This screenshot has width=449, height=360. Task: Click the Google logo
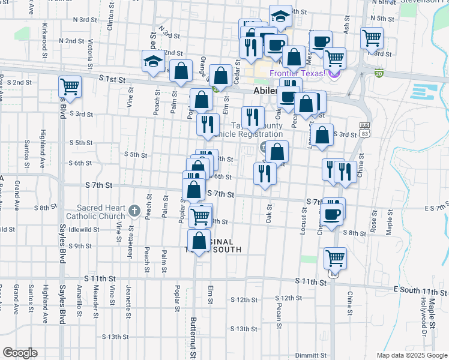pos(20,353)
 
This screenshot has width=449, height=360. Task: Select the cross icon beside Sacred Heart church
pos(134,211)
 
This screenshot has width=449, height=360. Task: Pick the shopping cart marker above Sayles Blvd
pos(70,87)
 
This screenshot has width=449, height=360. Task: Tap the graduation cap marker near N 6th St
pos(280,17)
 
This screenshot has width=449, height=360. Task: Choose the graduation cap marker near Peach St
pos(153,61)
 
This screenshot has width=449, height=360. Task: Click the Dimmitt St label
pos(315,355)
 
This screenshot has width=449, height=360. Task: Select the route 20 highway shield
pos(378,73)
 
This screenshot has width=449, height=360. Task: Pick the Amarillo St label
pos(79,305)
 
